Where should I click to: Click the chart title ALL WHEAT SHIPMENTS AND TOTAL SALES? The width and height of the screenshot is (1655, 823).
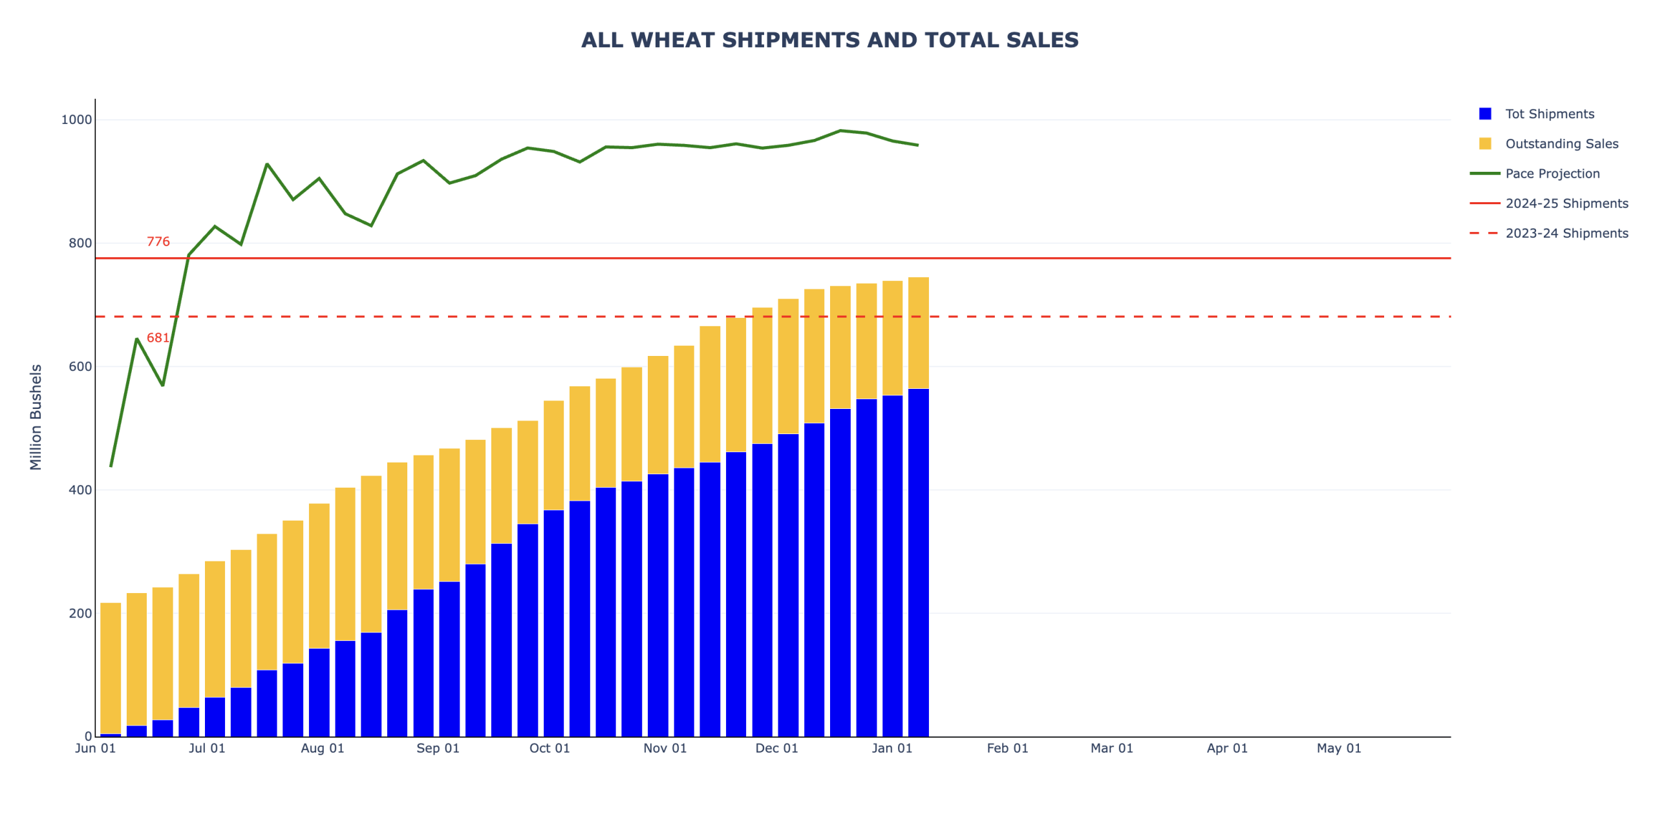[x=829, y=40]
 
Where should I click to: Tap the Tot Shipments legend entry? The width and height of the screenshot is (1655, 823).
[x=1549, y=114]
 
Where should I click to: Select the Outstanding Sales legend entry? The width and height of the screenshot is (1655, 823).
[x=1561, y=143]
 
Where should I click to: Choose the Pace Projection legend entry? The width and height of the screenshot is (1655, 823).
[x=1552, y=173]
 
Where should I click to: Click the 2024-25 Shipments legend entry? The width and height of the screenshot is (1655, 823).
[x=1566, y=203]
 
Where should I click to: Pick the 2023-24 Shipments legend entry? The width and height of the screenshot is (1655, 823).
[x=1566, y=233]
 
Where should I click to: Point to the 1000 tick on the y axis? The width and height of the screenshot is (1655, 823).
[x=76, y=120]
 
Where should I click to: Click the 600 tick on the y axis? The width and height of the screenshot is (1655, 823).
[x=80, y=366]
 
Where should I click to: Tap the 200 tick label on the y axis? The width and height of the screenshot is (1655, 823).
[x=80, y=613]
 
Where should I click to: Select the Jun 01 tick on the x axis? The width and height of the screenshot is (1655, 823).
[x=95, y=748]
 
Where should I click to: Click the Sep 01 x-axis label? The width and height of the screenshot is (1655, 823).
[x=438, y=748]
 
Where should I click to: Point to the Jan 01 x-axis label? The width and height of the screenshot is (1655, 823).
[x=892, y=748]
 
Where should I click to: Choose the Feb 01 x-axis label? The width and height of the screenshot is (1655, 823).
[x=1007, y=748]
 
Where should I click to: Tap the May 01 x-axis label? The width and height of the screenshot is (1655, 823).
[x=1339, y=748]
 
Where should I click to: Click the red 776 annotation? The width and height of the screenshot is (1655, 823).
[x=158, y=242]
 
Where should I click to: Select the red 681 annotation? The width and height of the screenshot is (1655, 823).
[x=158, y=338]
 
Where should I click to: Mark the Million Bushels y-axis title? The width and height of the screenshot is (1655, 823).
[x=36, y=417]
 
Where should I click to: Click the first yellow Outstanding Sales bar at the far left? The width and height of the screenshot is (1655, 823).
[x=111, y=665]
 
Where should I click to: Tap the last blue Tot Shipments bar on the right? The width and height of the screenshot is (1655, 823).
[x=918, y=562]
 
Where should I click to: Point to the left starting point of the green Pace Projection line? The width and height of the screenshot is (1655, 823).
[x=111, y=466]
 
